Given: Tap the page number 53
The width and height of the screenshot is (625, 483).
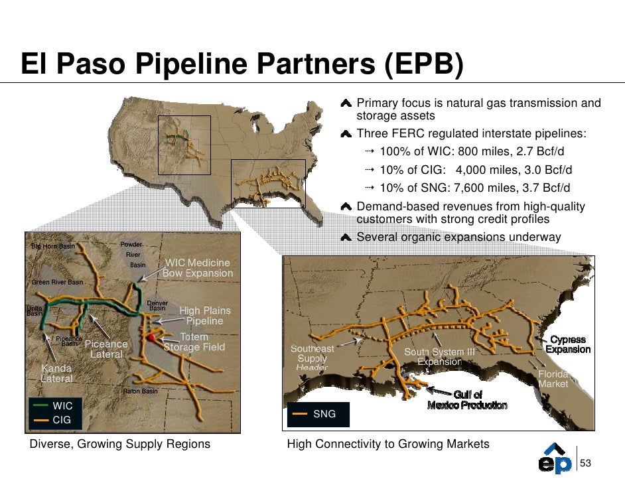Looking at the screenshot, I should coord(586,463).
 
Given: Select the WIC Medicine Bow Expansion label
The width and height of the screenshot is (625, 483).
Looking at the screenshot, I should coord(198,268).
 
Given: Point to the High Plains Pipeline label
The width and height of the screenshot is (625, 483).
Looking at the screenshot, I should coord(205,316).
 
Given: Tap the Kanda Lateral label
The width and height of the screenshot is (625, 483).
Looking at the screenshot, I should coord(57,373).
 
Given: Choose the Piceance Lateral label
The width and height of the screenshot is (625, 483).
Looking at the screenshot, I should coord(106,349).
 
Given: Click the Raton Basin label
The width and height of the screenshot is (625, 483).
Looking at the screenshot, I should coord(141,391).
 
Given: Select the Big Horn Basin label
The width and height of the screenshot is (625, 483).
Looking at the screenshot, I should coord(53,246).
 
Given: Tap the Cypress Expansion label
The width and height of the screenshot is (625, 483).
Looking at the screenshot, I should coord(568,344).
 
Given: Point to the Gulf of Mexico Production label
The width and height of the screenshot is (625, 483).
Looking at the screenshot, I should coord(467,400).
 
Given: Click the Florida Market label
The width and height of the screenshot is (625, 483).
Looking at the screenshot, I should coord(553,379).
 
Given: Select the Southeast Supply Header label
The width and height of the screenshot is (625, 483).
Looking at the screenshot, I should coord(312,358).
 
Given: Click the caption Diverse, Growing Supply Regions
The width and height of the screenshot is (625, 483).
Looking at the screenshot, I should coord(120,444).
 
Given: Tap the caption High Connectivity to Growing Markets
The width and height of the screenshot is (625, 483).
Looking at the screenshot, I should coord(388,444).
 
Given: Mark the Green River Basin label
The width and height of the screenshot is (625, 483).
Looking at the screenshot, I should coord(58,282).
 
